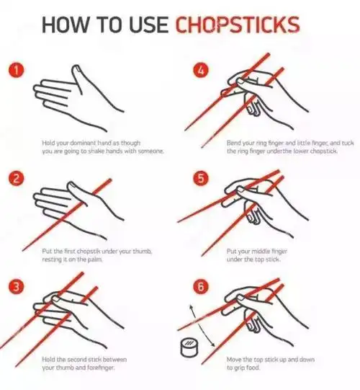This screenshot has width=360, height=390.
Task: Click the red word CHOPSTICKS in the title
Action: pos(238,25)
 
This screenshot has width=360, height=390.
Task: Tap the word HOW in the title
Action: pos(65,25)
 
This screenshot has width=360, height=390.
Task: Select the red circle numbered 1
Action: pos(17,71)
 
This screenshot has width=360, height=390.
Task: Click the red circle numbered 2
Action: pos(17,179)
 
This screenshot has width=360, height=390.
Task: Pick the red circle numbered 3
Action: pos(17,286)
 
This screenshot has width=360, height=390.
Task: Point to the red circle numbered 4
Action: pos(201,71)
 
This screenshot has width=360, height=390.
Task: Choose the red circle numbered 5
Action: pos(201,179)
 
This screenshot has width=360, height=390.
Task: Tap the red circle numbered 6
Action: pos(201,286)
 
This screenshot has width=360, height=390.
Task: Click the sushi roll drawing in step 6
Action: pos(189,347)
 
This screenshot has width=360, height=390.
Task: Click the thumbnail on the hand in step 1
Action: pos(76,68)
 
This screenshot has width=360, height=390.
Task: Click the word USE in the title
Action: pos(149,25)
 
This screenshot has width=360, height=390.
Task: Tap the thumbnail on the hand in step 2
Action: pos(73,185)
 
